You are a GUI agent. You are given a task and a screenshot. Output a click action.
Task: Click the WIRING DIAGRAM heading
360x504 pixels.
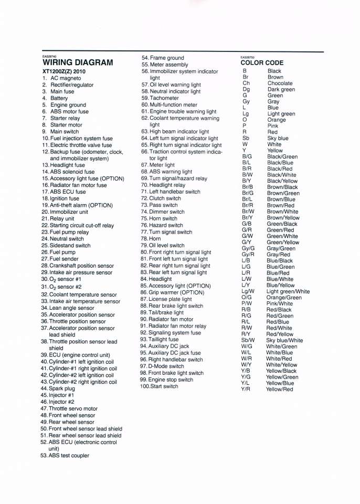[x=77, y=62]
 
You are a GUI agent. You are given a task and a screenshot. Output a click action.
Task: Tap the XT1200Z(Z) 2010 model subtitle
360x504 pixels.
[x=63, y=71]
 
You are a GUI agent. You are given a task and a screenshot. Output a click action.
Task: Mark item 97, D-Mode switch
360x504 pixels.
[x=162, y=366]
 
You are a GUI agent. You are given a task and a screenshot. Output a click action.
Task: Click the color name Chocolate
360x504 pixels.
[x=280, y=83]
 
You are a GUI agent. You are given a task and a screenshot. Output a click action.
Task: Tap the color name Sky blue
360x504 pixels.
[x=277, y=139]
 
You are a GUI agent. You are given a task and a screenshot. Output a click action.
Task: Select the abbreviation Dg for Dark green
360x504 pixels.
[x=246, y=90]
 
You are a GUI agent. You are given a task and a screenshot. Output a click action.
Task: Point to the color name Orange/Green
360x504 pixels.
[x=284, y=298]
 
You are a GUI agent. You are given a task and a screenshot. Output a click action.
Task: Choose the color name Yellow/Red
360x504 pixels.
[x=279, y=389]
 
